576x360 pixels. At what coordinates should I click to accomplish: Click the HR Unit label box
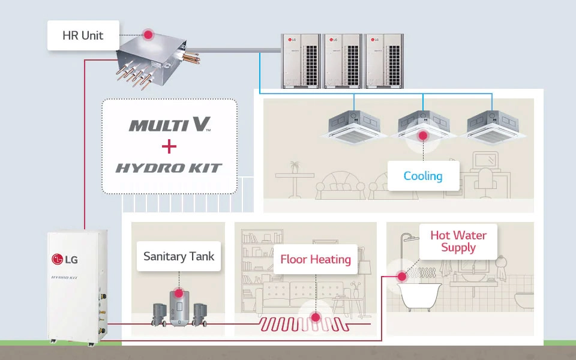(x=83, y=35)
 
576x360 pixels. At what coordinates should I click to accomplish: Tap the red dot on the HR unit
(x=148, y=35)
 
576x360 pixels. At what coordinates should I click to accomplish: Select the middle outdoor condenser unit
(x=343, y=61)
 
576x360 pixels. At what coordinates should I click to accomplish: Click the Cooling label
(x=423, y=176)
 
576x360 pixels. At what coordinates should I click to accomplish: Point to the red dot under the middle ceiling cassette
(x=423, y=136)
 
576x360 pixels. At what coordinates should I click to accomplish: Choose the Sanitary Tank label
(x=179, y=256)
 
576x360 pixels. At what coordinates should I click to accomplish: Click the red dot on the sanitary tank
(x=179, y=293)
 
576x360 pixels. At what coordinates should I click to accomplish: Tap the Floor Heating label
(x=316, y=259)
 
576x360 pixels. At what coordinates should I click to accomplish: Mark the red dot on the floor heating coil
(x=315, y=317)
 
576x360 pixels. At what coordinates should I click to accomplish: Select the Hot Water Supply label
(x=458, y=241)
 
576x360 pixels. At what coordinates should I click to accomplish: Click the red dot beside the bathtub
(x=402, y=276)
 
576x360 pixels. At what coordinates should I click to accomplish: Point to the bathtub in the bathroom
(x=419, y=296)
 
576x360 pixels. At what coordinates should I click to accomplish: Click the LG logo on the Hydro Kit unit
(x=65, y=259)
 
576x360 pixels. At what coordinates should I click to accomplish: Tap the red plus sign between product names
(x=169, y=146)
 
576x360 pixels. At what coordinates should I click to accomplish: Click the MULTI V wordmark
(x=170, y=124)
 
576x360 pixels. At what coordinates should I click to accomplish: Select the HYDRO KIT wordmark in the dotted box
(x=169, y=168)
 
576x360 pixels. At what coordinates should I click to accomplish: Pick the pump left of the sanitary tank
(x=160, y=314)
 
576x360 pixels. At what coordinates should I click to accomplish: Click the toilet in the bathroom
(x=524, y=300)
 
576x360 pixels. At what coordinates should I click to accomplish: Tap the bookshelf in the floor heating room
(x=262, y=257)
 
